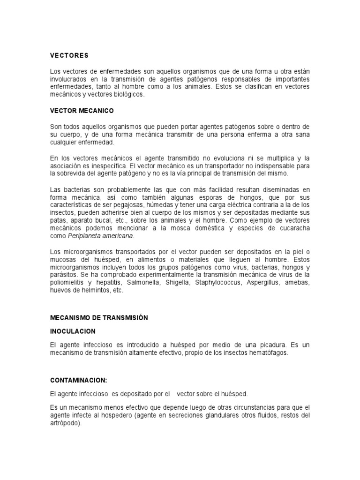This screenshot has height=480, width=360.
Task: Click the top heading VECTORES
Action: pos(69,55)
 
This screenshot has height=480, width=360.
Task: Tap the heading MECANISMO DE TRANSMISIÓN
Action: pos(99,317)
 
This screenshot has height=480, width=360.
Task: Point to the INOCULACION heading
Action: pos(73,331)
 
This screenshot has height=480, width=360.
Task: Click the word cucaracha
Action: pos(292,229)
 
